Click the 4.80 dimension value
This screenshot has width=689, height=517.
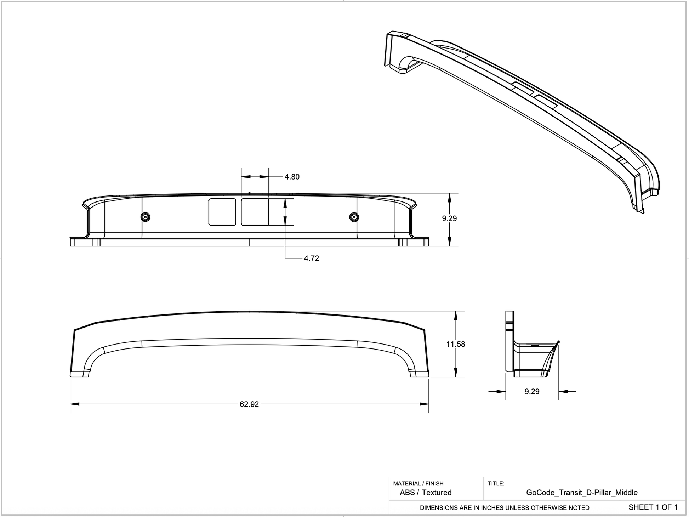click(x=292, y=177)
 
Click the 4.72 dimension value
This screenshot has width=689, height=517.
click(x=311, y=258)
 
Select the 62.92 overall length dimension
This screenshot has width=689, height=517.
click(x=249, y=404)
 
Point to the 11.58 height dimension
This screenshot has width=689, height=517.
click(x=455, y=344)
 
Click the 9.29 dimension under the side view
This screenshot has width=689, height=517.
click(x=532, y=391)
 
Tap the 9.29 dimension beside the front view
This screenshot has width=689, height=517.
click(x=449, y=218)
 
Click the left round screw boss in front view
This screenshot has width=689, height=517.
click(x=145, y=217)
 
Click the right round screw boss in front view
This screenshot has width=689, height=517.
click(x=354, y=217)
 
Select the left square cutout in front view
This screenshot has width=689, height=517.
click(x=222, y=212)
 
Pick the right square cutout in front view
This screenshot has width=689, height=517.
click(x=255, y=212)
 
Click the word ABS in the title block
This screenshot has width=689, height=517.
click(x=407, y=493)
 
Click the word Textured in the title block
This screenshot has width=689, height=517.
click(x=437, y=493)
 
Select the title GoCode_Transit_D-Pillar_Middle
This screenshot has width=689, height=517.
click(x=582, y=493)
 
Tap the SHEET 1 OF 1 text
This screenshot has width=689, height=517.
click(x=653, y=507)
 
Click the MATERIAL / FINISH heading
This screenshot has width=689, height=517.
click(x=418, y=483)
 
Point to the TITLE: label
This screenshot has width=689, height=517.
click(x=496, y=483)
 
